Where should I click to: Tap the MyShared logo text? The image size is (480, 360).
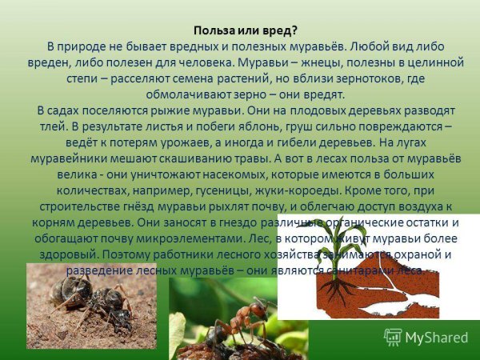(x=437, y=338)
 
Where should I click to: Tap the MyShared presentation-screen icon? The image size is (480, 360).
(x=393, y=338)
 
